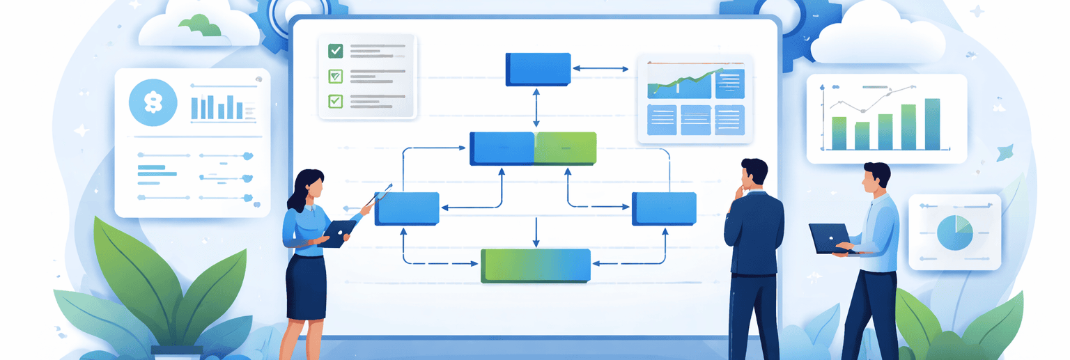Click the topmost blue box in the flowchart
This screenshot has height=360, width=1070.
click(x=538, y=69)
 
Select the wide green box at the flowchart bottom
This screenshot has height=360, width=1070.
click(x=535, y=266)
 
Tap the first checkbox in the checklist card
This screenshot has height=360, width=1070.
click(x=336, y=50)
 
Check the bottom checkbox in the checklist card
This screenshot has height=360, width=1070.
click(x=336, y=100)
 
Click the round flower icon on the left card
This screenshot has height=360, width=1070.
click(x=150, y=102)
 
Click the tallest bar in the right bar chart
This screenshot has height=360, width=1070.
click(x=932, y=124)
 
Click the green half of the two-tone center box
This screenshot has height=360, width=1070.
click(x=565, y=148)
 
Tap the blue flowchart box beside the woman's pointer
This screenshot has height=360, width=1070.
click(x=408, y=208)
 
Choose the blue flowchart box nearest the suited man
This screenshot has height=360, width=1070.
click(x=663, y=208)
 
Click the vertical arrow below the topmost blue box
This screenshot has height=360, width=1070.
click(x=536, y=107)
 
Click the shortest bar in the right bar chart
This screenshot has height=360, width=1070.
click(x=862, y=136)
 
